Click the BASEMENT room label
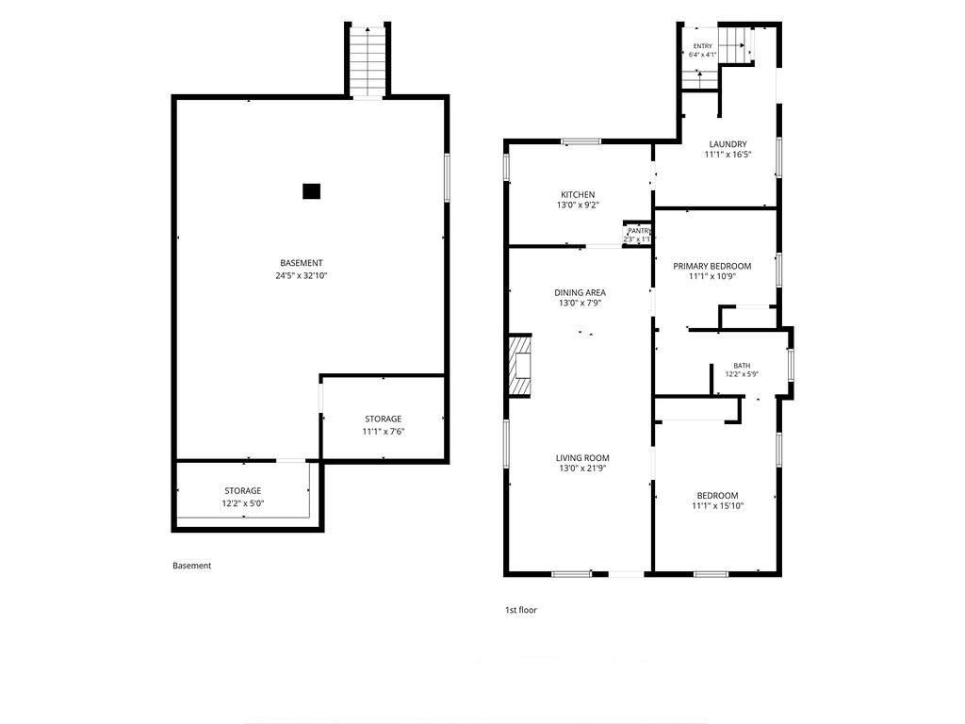301,263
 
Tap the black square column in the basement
311,191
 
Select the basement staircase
368,61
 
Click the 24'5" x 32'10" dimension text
301,276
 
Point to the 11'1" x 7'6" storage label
383,432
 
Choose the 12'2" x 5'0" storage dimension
242,503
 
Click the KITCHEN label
578,194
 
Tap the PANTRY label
638,231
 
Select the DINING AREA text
580,292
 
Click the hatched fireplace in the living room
519,366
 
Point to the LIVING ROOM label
582,457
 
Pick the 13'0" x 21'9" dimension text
582,469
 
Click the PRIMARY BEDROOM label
712,266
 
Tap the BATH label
742,366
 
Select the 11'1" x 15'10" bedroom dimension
717,506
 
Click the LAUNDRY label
728,144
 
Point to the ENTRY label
703,46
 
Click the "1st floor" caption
520,610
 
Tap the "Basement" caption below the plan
191,566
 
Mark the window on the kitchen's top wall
581,141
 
